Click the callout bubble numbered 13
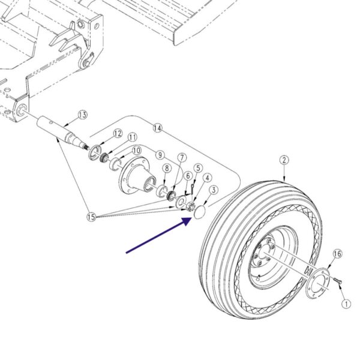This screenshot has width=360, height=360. (83, 115)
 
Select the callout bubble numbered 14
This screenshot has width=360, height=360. (157, 128)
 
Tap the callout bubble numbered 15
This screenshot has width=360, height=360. (91, 217)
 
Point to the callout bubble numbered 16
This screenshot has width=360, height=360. (337, 254)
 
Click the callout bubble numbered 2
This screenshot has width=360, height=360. (284, 160)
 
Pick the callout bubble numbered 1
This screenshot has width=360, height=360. (346, 304)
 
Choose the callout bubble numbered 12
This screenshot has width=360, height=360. (118, 134)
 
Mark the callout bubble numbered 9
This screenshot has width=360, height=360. (160, 155)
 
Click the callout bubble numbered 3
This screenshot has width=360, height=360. (214, 190)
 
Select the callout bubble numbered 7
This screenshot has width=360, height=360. (182, 158)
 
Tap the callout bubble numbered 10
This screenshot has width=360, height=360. (137, 151)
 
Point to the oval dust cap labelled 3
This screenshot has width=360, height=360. (200, 212)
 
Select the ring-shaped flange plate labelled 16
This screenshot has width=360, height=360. (317, 283)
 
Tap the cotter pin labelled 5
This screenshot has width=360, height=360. (192, 187)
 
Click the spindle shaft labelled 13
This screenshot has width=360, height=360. (62, 131)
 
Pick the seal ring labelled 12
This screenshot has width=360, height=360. (95, 152)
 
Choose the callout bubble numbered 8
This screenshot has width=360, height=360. (167, 168)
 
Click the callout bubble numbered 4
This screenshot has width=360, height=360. (208, 178)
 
